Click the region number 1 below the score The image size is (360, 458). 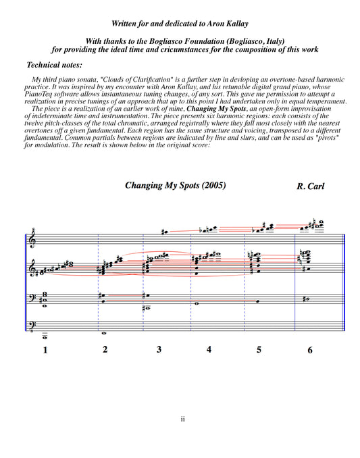click(x=45, y=350)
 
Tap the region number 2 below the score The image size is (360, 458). click(x=105, y=349)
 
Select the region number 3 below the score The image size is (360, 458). click(x=159, y=349)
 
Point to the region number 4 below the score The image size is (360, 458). click(x=209, y=349)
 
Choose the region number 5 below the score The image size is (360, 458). click(x=259, y=349)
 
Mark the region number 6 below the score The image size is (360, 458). click(x=310, y=350)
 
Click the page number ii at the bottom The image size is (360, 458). click(x=182, y=419)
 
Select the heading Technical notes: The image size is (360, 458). click(x=54, y=65)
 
